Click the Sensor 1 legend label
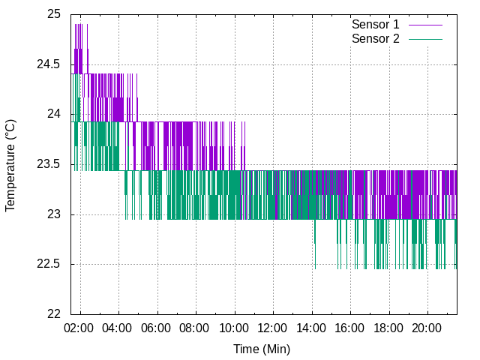coord(375,25)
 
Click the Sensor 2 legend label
coord(375,38)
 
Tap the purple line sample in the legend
coord(425,25)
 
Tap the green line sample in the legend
coord(425,38)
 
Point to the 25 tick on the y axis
coord(54,14)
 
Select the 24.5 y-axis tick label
coord(49,64)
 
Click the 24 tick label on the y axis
coord(54,115)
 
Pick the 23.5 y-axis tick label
coord(49,165)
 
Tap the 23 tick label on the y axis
coord(54,214)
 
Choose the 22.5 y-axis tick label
coord(49,265)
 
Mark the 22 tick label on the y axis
coord(54,314)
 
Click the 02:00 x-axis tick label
coord(79,328)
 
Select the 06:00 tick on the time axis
coord(157,328)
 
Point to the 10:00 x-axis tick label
coord(234,328)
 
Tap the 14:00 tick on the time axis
coord(311,328)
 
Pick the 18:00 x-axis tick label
coord(388,328)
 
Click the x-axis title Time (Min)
coord(262,349)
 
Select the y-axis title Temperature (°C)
coord(10,164)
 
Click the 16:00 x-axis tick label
coord(350,328)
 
